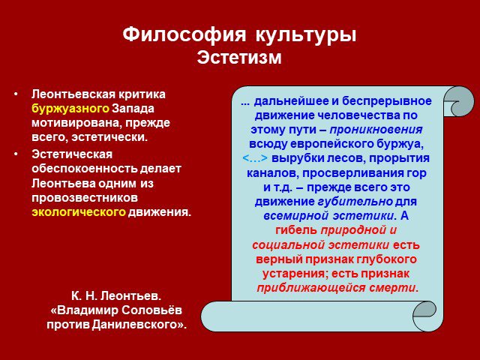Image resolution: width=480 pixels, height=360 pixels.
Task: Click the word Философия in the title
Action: pos(184,35)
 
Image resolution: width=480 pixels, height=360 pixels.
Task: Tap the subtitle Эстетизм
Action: pos(239,57)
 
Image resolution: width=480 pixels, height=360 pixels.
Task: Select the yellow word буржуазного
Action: pos(70,109)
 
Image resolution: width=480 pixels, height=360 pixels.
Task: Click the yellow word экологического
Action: pos(79,211)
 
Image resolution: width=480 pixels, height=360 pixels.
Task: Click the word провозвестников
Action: pos(85,198)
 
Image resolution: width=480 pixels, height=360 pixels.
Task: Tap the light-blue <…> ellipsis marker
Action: pos(255,158)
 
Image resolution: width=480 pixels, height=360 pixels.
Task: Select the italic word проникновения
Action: pos(376,130)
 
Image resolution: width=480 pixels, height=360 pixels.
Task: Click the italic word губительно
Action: pos(355,202)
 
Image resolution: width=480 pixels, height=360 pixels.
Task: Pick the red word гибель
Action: pos(296,230)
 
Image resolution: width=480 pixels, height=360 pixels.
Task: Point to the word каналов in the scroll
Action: pos(273,173)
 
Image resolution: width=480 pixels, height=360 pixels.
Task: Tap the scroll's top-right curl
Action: pos(458,101)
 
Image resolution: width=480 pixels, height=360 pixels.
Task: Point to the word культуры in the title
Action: pos(306,35)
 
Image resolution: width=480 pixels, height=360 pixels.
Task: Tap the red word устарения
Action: pos(295,274)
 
